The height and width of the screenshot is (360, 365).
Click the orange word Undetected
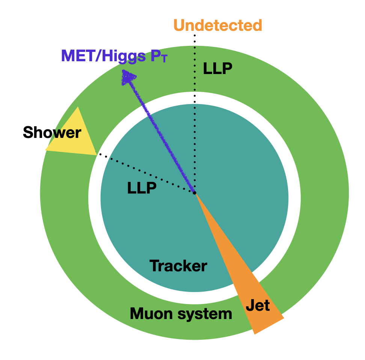(x=218, y=25)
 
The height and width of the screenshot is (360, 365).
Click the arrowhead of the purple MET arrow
(x=128, y=76)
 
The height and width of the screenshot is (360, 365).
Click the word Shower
(x=52, y=132)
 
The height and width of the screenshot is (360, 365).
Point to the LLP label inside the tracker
(x=142, y=188)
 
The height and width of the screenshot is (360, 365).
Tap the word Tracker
(x=178, y=266)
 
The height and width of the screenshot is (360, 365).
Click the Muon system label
(x=181, y=313)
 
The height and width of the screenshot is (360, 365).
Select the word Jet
(x=258, y=305)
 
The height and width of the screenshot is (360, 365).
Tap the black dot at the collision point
(x=195, y=193)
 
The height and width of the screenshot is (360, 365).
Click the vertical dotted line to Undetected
(x=195, y=113)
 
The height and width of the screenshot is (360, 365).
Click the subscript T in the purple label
(x=162, y=60)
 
